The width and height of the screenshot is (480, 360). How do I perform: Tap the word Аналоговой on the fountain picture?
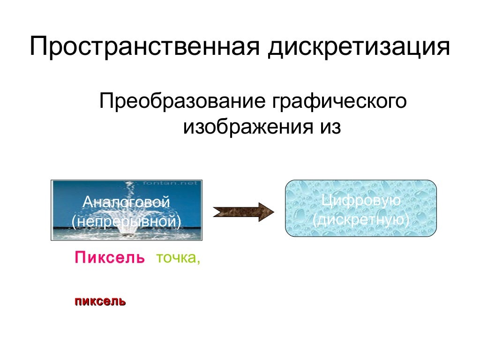pyautogui.click(x=126, y=203)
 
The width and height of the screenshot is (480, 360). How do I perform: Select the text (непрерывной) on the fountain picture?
pyautogui.click(x=126, y=220)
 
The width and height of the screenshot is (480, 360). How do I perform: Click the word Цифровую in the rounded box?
pyautogui.click(x=361, y=201)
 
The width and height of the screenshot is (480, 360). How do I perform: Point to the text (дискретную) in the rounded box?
pyautogui.click(x=361, y=219)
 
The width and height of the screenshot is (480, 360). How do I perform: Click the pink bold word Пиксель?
pyautogui.click(x=109, y=258)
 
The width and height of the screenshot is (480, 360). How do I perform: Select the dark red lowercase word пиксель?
pyautogui.click(x=99, y=301)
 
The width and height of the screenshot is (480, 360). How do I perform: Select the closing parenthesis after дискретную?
pyautogui.click(x=407, y=220)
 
